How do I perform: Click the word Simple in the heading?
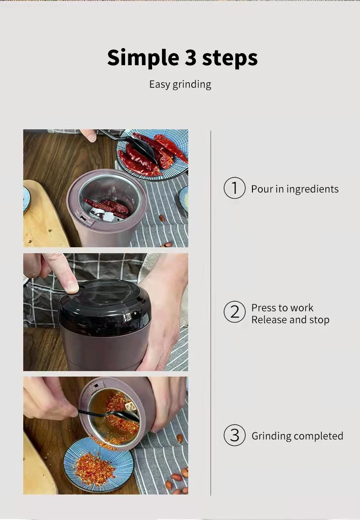pyautogui.click(x=143, y=58)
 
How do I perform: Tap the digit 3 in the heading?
pyautogui.click(x=191, y=57)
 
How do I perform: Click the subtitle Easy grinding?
pyautogui.click(x=180, y=84)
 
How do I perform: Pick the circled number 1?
pyautogui.click(x=234, y=188)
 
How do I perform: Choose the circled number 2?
pyautogui.click(x=234, y=312)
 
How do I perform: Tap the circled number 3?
pyautogui.click(x=234, y=435)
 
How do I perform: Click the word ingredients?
pyautogui.click(x=312, y=189)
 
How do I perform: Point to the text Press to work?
pyautogui.click(x=282, y=308)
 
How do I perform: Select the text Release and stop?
pyautogui.click(x=290, y=320)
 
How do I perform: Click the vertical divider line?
pyautogui.click(x=211, y=313)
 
